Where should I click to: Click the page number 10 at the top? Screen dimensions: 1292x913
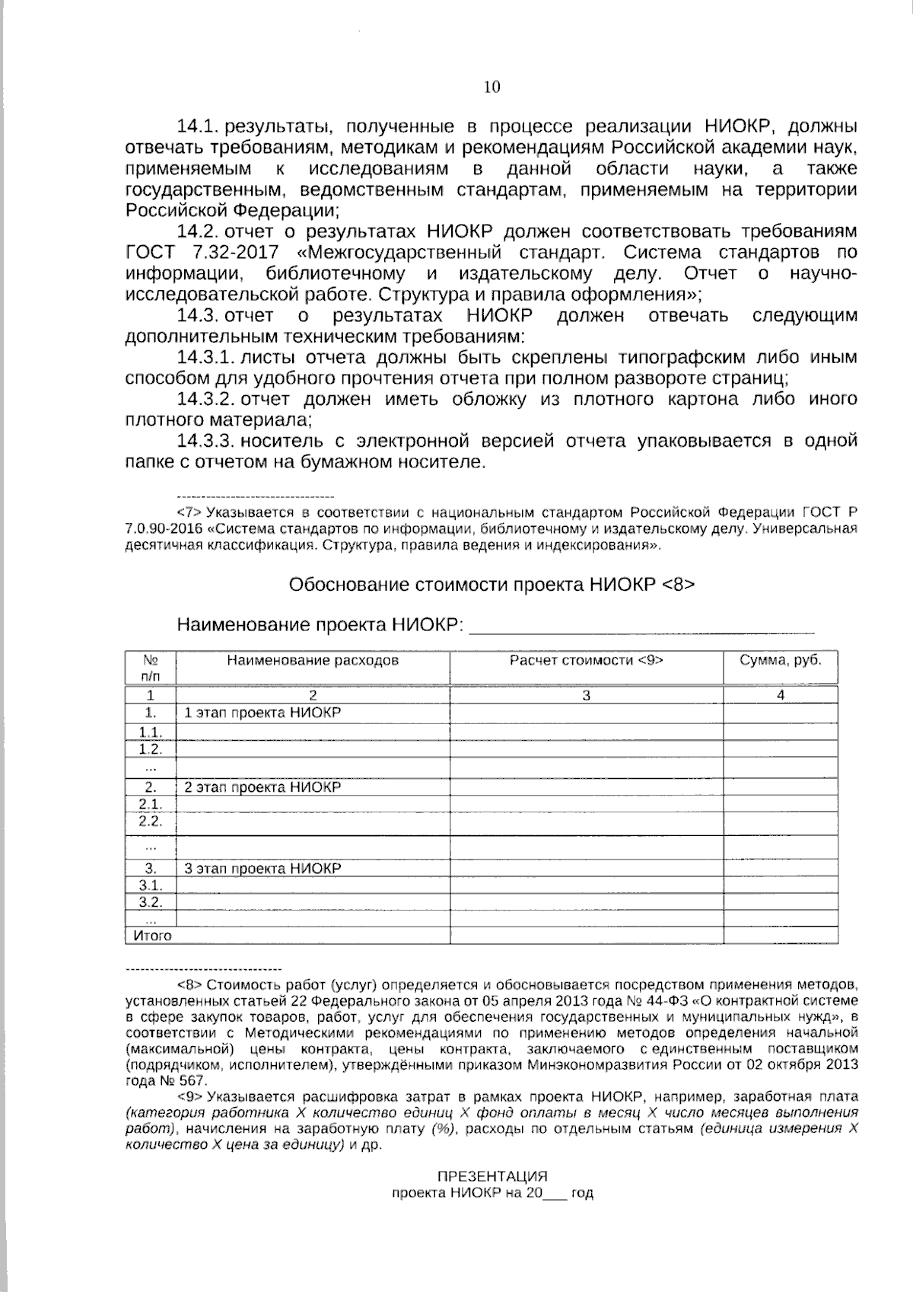(491, 87)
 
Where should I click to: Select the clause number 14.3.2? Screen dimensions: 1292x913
(204, 399)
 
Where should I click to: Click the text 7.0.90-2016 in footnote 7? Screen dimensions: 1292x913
(165, 528)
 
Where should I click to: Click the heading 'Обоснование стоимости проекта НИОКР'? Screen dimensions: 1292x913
(476, 585)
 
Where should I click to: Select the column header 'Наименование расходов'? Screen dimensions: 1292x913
(312, 660)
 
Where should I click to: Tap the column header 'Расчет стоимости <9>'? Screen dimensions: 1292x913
(586, 660)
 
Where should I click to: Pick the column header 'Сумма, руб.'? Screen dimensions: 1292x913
(781, 660)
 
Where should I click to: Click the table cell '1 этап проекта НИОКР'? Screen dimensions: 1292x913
(262, 713)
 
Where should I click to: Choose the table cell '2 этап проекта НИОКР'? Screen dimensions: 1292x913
(262, 787)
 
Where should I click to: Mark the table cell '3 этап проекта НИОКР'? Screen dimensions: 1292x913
(262, 869)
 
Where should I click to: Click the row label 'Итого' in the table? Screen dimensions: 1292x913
(153, 936)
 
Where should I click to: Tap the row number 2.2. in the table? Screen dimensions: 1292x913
(151, 821)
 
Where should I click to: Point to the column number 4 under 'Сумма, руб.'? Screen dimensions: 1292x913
(781, 694)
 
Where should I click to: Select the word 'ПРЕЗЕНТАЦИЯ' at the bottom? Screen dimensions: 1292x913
(491, 1176)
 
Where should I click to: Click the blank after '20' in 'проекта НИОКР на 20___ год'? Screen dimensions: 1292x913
(555, 1195)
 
